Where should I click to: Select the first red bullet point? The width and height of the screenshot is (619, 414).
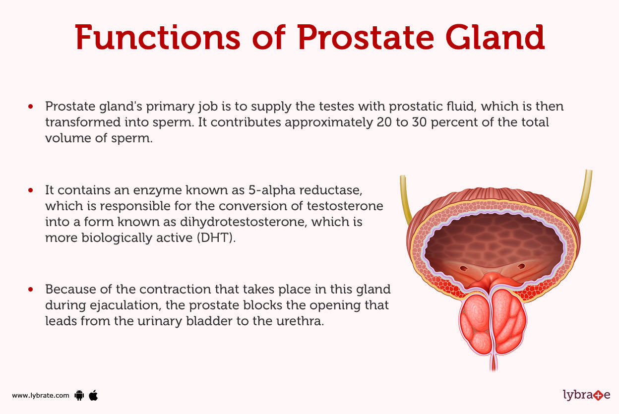point(31,107)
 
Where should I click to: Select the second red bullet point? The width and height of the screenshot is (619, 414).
point(31,190)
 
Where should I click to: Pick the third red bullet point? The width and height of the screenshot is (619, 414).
point(31,289)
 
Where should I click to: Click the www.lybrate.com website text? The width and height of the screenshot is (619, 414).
point(41,395)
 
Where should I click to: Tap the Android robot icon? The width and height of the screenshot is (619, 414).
point(78,395)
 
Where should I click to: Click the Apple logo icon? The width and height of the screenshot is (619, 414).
point(93,395)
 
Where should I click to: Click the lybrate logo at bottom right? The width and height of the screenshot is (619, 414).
point(586,395)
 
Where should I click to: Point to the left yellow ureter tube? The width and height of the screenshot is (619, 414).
point(405,198)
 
